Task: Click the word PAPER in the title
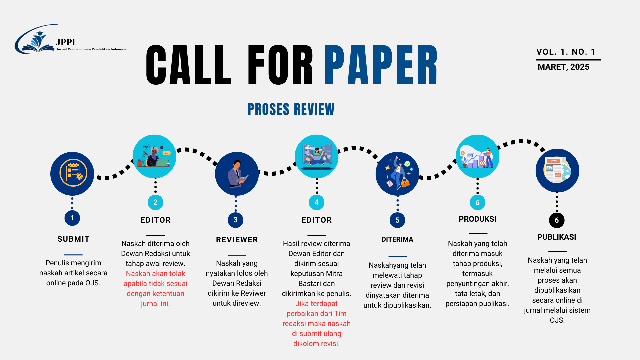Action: click(381, 65)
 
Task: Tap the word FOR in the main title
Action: click(280, 65)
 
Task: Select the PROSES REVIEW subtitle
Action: click(291, 109)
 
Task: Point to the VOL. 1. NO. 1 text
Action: click(566, 52)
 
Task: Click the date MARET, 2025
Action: click(563, 67)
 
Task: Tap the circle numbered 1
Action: click(72, 218)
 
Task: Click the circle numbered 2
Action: click(155, 202)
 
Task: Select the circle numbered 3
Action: click(235, 220)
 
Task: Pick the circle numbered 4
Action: click(316, 202)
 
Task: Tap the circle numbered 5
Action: click(397, 220)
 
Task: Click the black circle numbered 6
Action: click(557, 220)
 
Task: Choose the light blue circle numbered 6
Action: click(477, 202)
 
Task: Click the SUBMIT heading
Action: click(73, 239)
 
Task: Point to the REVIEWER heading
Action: click(237, 240)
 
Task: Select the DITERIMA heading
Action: click(397, 239)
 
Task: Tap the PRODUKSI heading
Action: click(477, 219)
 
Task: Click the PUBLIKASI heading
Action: click(557, 237)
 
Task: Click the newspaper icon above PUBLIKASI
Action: click(557, 170)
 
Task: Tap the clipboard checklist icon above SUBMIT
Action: click(73, 173)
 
